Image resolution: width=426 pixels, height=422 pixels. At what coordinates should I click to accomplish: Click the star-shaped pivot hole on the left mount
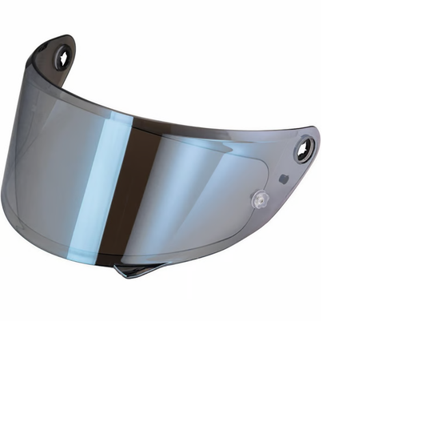point(62,56)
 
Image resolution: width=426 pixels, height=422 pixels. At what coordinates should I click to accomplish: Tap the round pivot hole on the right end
point(304,149)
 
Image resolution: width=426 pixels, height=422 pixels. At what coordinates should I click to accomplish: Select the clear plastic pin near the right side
point(258,200)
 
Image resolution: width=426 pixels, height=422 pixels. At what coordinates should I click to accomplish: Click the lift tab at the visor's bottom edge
point(137,268)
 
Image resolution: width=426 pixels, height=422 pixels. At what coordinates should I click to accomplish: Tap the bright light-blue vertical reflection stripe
point(105,184)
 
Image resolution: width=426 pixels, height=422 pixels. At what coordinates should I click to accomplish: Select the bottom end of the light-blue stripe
point(90,250)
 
